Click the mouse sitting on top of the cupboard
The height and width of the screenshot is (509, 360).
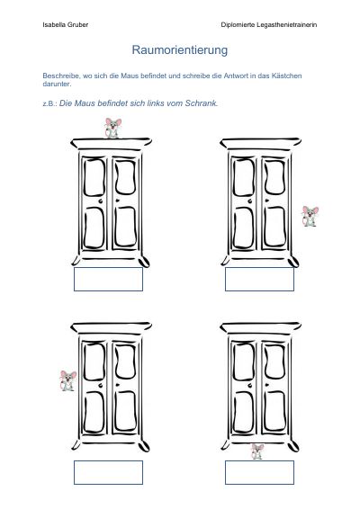coord(112,128)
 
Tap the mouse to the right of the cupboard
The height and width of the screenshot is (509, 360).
coord(310,216)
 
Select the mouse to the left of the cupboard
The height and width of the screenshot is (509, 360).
coord(67,380)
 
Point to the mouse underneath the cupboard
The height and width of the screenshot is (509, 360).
coord(257,451)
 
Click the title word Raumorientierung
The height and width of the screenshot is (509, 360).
coord(180,50)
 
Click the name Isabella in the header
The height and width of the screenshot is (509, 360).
coord(55,24)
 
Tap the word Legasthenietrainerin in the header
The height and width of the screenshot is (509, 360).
coord(286,24)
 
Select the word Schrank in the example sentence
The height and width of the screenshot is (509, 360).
coord(202,103)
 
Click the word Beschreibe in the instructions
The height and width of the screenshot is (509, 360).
coord(61,76)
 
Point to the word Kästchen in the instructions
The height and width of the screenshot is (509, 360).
coord(287,76)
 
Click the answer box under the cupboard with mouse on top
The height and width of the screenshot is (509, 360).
coord(108,279)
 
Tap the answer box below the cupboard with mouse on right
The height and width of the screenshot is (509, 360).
coord(259,279)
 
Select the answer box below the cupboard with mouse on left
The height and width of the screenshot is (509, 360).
coord(108,472)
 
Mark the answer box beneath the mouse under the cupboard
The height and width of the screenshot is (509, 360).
coord(259,472)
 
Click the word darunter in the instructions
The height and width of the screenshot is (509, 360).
coord(57,84)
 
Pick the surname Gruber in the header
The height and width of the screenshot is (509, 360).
coord(78,24)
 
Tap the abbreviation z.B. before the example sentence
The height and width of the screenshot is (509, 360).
coord(50,104)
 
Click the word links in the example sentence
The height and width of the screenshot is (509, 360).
coord(156,103)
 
